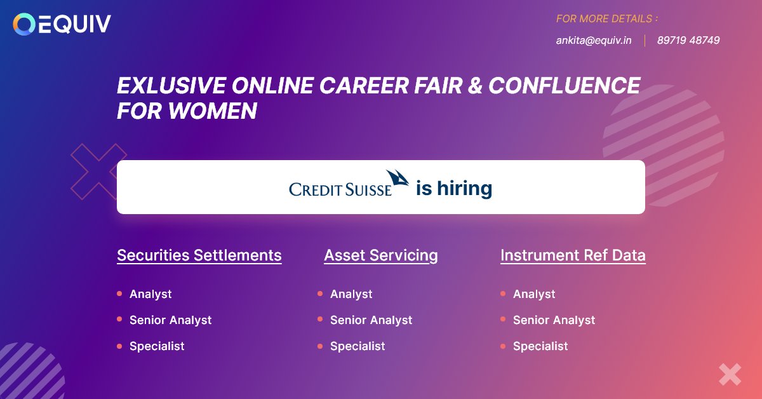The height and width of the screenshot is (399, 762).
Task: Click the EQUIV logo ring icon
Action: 24,24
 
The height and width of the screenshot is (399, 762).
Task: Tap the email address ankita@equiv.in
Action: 594,40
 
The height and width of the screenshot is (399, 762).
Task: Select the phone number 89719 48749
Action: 688,40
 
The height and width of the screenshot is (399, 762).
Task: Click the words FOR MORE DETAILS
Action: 606,19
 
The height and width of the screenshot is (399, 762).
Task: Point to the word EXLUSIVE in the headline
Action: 170,86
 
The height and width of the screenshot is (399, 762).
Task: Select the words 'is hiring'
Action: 454,189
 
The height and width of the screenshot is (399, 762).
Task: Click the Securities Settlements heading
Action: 199,255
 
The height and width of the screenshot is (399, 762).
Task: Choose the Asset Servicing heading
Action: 381,255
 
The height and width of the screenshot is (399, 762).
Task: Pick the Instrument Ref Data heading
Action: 573,255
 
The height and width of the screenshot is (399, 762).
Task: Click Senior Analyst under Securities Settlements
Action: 170,320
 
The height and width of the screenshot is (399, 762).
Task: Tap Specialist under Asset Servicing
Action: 358,346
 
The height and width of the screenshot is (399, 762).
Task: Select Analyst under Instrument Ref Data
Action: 534,294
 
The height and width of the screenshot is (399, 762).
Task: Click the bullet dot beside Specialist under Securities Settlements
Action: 119,346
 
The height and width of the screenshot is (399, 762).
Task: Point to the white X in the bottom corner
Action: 730,374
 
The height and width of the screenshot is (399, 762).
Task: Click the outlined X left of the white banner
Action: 98,171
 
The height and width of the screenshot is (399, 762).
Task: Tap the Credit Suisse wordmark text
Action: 340,189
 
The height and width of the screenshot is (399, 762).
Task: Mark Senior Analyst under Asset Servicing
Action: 371,320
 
